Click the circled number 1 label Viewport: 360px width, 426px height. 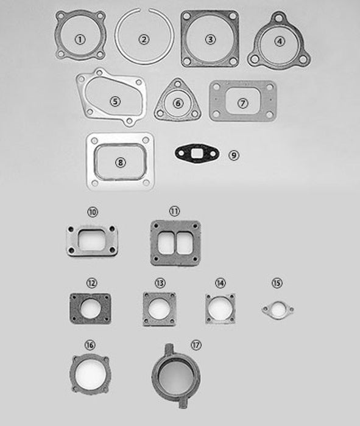click(80, 40)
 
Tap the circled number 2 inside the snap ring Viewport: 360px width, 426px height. click(144, 40)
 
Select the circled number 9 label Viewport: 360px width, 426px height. click(234, 155)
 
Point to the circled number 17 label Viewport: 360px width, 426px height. click(196, 345)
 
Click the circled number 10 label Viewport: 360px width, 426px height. click(93, 212)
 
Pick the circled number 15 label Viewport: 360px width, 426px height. click(277, 283)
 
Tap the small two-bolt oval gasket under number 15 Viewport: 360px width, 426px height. click(278, 309)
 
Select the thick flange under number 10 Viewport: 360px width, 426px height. click(92, 241)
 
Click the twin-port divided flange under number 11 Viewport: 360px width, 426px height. click(175, 242)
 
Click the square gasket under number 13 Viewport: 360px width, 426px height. click(159, 309)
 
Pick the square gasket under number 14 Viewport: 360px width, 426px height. click(220, 309)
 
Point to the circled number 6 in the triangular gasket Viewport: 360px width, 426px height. click(178, 103)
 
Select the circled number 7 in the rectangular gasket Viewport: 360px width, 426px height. click(243, 103)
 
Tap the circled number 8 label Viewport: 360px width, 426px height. click(120, 162)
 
